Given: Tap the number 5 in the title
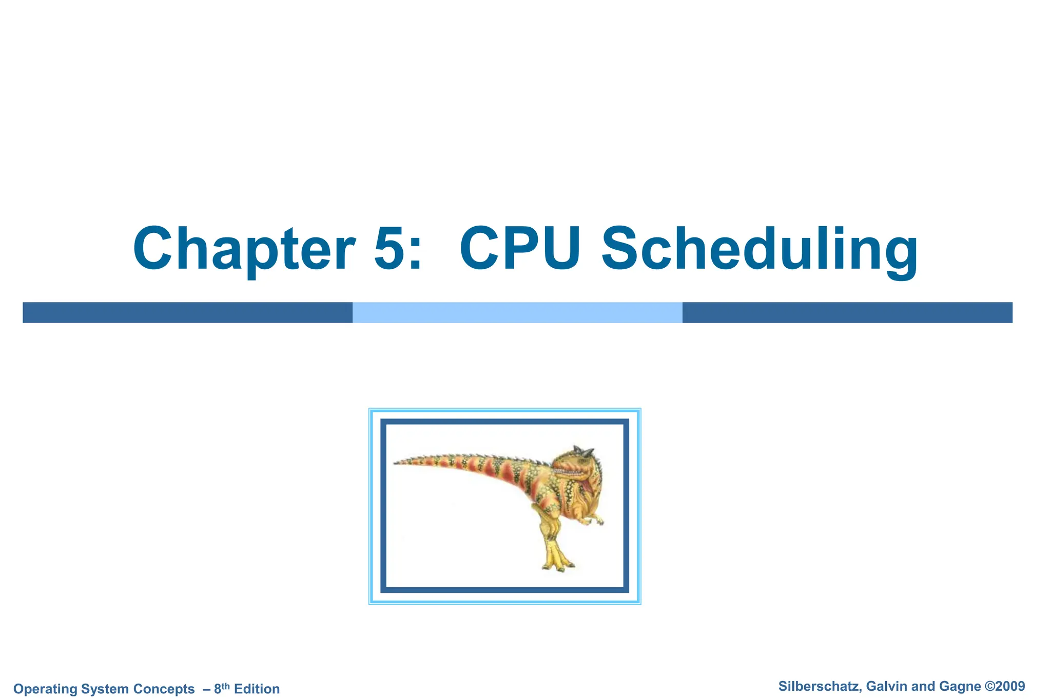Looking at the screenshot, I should pos(392,249).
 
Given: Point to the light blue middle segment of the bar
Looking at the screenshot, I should pos(517,312).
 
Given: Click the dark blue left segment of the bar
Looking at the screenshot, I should pos(187,312).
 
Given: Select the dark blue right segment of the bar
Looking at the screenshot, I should pos(847,312).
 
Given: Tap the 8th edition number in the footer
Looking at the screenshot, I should pos(221,688).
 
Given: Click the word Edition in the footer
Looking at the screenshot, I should pos(257,689).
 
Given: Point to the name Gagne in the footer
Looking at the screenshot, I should pos(960,686).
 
